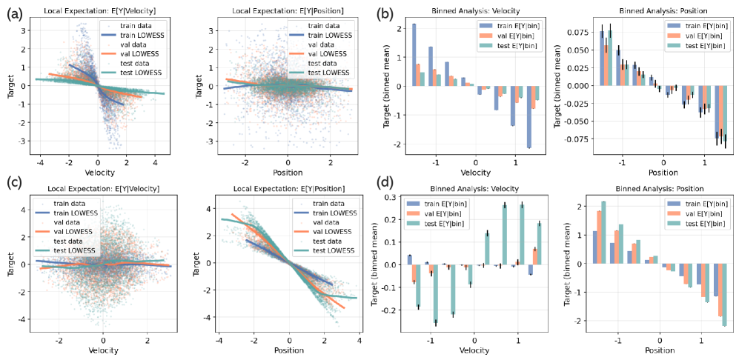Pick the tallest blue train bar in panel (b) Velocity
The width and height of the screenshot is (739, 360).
(x=413, y=55)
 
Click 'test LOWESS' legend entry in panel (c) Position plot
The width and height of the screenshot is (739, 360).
(x=316, y=252)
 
